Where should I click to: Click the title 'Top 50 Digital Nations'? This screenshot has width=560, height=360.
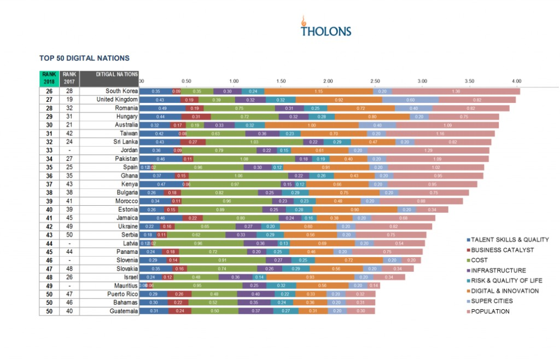[84, 57]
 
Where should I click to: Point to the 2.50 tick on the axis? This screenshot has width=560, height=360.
[375, 81]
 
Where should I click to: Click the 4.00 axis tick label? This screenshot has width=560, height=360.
[516, 81]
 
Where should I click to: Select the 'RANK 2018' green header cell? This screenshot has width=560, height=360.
[49, 78]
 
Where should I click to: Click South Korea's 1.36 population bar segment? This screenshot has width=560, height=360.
[456, 91]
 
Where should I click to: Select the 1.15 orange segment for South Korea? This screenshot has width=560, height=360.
[319, 91]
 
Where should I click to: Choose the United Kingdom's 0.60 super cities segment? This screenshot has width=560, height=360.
[411, 100]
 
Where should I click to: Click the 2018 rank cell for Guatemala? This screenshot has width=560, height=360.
[49, 311]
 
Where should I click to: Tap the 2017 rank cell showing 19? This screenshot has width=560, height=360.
[69, 100]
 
